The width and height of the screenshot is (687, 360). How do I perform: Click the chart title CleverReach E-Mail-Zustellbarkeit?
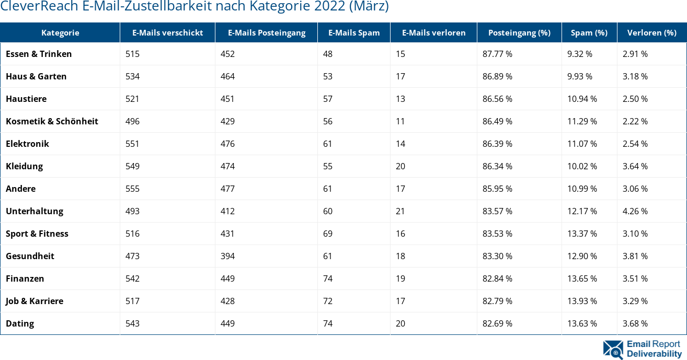coord(194,7)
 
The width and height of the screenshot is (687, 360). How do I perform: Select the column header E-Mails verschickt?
coord(167,32)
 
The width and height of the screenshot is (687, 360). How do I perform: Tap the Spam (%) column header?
coord(589,32)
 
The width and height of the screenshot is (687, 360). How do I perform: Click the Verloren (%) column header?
coord(651,32)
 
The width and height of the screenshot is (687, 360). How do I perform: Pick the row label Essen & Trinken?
coord(39,54)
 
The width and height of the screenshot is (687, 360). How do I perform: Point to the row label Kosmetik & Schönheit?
coord(52,121)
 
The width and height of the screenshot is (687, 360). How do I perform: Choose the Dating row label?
coord(20,323)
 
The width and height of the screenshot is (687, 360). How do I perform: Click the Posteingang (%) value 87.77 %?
coord(497,54)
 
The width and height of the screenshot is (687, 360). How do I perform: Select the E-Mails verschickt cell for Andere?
coord(133,189)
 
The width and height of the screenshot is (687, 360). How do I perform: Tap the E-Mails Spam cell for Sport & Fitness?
coord(328,234)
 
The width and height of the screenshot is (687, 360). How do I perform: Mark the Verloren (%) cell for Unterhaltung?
coord(635,211)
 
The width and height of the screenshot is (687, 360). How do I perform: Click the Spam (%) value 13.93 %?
coord(582,301)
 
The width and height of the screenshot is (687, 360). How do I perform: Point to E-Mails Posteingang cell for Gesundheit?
coord(227,256)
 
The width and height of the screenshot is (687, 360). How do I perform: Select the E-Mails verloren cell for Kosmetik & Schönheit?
coord(400,121)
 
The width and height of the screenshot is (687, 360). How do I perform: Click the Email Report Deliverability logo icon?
coord(613,350)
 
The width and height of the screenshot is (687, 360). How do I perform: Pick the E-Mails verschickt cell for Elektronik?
coord(133,144)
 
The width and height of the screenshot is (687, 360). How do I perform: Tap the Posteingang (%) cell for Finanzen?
coord(497,278)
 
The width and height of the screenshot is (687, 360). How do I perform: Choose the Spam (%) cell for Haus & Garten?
coord(579,76)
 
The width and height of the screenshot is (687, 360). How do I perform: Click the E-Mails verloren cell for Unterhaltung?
coord(400,211)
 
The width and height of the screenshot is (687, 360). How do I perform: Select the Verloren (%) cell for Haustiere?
coord(635,99)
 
